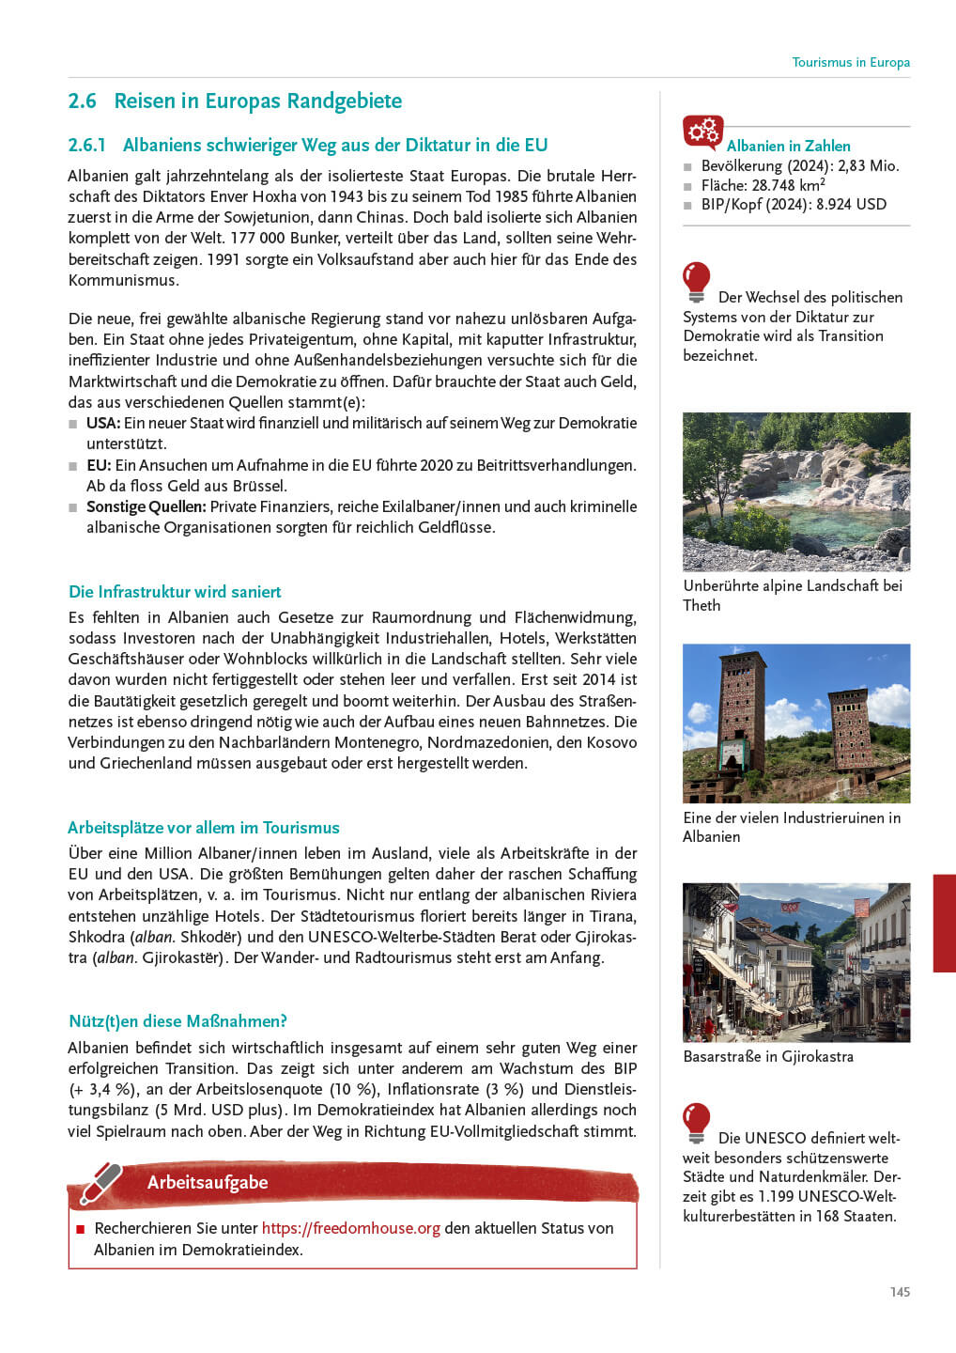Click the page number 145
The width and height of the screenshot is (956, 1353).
click(900, 1292)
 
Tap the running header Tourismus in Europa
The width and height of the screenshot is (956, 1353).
click(850, 62)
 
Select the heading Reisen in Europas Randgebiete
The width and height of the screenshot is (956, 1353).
click(257, 101)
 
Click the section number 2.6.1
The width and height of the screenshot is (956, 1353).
click(86, 146)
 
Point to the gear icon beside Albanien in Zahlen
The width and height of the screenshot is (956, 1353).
click(702, 132)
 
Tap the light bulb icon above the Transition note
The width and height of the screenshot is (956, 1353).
click(697, 280)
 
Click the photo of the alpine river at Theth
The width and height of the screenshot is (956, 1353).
click(796, 491)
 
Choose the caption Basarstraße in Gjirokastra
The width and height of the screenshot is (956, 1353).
click(768, 1056)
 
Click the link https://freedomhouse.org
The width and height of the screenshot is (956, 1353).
click(350, 1229)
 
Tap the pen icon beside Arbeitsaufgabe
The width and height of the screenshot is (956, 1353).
click(101, 1183)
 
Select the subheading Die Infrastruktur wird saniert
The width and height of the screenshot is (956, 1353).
click(175, 592)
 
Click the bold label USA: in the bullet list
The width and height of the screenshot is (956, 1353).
click(103, 424)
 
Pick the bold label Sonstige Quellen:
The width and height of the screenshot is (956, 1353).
click(146, 507)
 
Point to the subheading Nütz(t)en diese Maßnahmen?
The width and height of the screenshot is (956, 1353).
click(177, 1021)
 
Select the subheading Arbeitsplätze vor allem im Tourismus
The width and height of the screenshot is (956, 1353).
click(204, 828)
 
